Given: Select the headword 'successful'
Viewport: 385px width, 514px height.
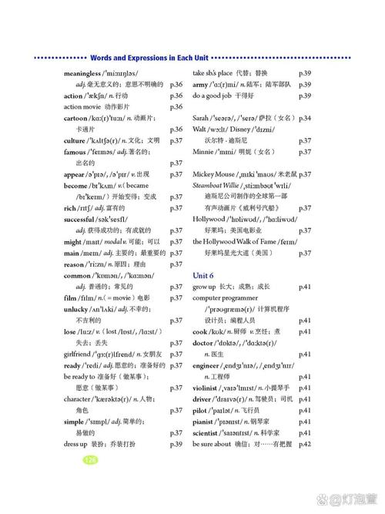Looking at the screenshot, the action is (82, 219).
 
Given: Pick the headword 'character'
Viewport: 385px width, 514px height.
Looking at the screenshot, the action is (80, 399).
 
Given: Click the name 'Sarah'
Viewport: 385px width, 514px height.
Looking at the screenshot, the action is (201, 118).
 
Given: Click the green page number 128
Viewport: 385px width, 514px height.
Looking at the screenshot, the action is (90, 459).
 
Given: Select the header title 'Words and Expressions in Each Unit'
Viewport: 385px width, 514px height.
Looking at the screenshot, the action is (149, 58).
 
